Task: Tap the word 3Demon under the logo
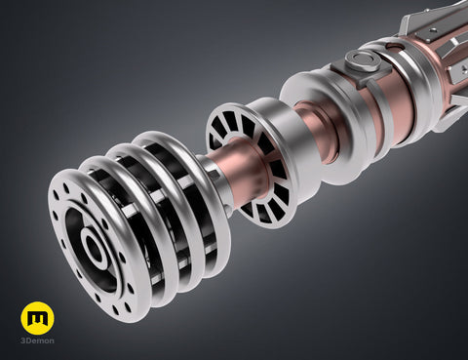(37, 340)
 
